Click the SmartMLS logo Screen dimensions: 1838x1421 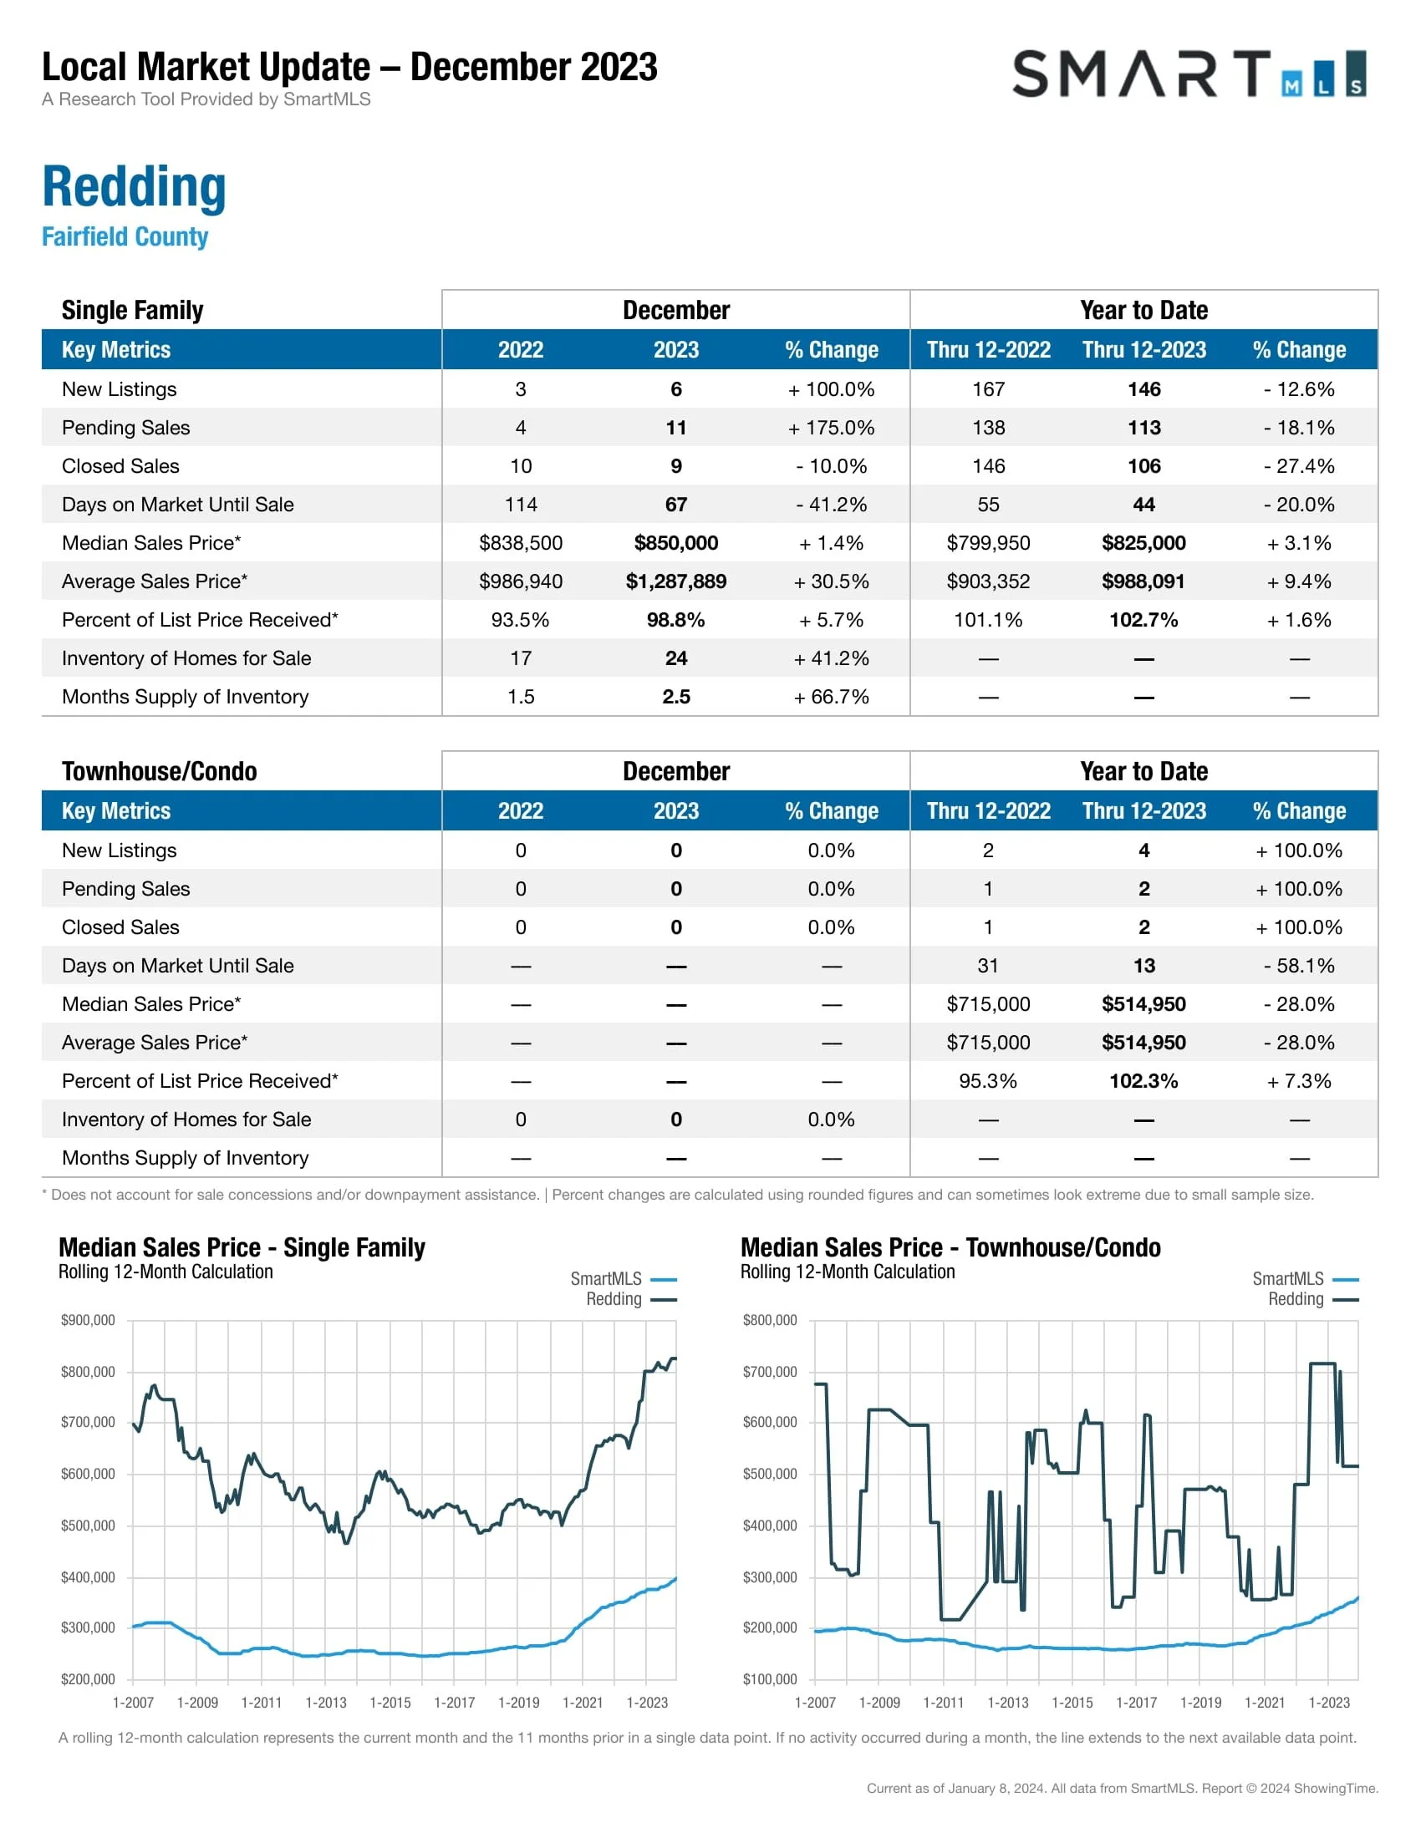tap(1188, 74)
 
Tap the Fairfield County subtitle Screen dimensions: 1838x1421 tap(125, 236)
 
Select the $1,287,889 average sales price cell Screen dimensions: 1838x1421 tap(675, 581)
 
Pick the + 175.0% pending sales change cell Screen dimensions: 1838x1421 tap(831, 428)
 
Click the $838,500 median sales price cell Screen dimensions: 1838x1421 tap(520, 543)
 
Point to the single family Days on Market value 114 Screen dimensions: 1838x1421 tap(520, 504)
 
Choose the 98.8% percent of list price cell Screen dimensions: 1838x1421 tap(675, 620)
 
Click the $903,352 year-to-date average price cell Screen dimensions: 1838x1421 tap(987, 581)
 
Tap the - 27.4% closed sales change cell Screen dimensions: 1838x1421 tap(1298, 466)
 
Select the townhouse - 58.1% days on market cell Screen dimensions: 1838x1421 tap(1298, 965)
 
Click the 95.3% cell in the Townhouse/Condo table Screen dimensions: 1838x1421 tap(987, 1080)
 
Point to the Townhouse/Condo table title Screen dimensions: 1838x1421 tap(159, 771)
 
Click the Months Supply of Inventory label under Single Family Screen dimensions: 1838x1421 tap(186, 697)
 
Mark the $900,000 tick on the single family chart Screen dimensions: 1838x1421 tap(88, 1319)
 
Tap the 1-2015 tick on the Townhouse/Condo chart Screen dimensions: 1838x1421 tap(1072, 1703)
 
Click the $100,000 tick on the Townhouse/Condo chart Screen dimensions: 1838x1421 tap(769, 1679)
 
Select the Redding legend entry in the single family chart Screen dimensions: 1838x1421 tap(630, 1299)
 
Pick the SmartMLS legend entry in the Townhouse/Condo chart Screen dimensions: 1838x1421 tap(1304, 1279)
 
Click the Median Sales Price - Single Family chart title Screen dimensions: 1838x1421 tap(242, 1247)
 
